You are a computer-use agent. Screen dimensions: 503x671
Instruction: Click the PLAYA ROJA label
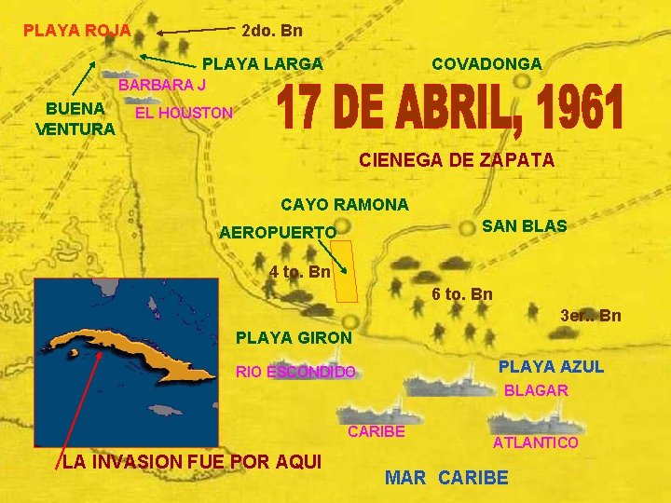76,31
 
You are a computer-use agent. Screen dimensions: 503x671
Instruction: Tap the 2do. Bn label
271,31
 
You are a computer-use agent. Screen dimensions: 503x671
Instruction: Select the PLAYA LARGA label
263,64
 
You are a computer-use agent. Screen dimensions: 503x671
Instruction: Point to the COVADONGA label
486,64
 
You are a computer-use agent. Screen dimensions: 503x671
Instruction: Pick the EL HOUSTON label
184,114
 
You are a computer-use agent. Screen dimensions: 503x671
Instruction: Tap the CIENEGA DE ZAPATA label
457,160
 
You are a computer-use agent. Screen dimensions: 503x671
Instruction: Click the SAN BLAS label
524,226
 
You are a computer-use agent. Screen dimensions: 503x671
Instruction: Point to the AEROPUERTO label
278,232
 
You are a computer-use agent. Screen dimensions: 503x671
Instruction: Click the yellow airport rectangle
345,271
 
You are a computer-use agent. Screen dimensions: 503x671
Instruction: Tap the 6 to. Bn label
462,294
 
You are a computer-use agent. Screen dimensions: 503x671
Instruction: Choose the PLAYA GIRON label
294,338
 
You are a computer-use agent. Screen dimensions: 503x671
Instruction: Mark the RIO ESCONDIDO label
295,373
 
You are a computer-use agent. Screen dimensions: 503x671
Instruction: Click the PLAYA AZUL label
552,367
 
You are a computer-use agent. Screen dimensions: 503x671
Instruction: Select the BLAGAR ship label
536,391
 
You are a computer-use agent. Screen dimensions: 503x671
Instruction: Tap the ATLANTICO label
536,442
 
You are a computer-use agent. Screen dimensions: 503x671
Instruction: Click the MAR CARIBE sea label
447,479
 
